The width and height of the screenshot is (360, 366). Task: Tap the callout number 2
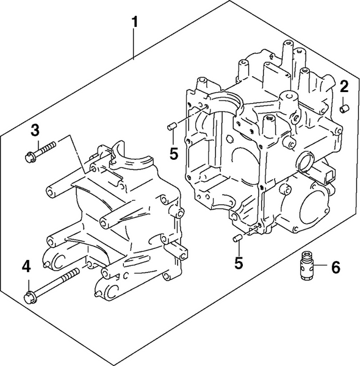pyautogui.click(x=344, y=85)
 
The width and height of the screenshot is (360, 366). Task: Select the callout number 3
pyautogui.click(x=35, y=129)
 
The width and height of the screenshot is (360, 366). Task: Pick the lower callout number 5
pyautogui.click(x=239, y=263)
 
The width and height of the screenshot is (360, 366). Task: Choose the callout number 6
pyautogui.click(x=335, y=267)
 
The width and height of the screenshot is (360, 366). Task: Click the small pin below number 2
pyautogui.click(x=343, y=109)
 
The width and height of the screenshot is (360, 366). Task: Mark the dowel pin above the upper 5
pyautogui.click(x=172, y=126)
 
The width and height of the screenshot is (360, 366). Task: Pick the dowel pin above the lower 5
pyautogui.click(x=237, y=238)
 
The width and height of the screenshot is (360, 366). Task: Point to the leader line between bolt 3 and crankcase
pyautogui.click(x=76, y=152)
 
